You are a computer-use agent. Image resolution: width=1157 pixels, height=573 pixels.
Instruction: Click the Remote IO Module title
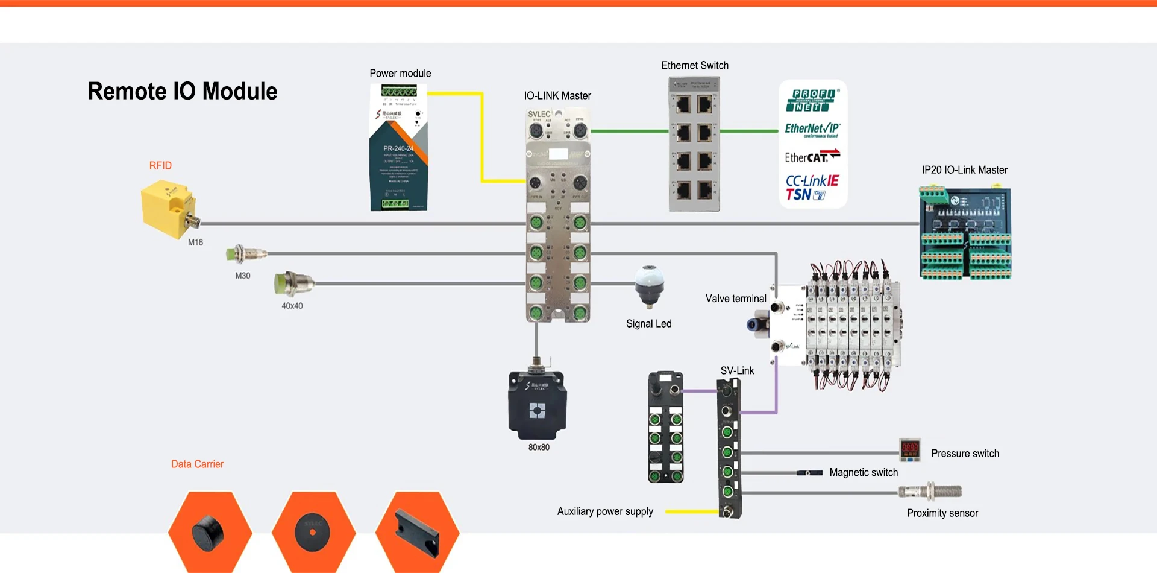tap(183, 92)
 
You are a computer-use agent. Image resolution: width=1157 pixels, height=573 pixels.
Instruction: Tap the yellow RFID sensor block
tap(167, 209)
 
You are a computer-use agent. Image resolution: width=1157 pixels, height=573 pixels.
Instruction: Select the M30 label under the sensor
tap(242, 276)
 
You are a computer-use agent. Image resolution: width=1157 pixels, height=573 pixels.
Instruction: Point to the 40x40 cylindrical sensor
tap(292, 283)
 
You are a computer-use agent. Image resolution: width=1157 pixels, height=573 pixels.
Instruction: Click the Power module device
tap(398, 148)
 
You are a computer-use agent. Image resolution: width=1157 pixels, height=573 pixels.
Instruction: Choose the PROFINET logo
tap(812, 100)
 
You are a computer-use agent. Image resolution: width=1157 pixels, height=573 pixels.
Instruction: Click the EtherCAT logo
tap(812, 157)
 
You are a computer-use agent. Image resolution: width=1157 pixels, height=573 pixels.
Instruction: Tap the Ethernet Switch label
tap(695, 65)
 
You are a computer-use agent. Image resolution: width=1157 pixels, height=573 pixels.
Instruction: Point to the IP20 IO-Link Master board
tap(965, 234)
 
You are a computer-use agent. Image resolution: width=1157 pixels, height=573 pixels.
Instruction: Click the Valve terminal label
tap(736, 299)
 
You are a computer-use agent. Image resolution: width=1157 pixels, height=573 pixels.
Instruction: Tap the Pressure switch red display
tap(909, 449)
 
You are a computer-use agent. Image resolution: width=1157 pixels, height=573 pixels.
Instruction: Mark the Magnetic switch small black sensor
tap(809, 473)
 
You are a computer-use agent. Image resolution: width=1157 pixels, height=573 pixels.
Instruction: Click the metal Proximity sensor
tap(930, 492)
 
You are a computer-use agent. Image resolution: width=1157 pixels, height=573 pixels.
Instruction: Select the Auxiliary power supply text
tap(605, 511)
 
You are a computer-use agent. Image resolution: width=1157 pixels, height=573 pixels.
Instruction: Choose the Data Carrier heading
tap(197, 464)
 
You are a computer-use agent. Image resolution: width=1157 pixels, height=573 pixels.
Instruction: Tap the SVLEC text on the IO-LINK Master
tap(539, 114)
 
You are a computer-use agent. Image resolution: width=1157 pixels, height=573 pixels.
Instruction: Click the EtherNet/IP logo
tap(812, 129)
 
